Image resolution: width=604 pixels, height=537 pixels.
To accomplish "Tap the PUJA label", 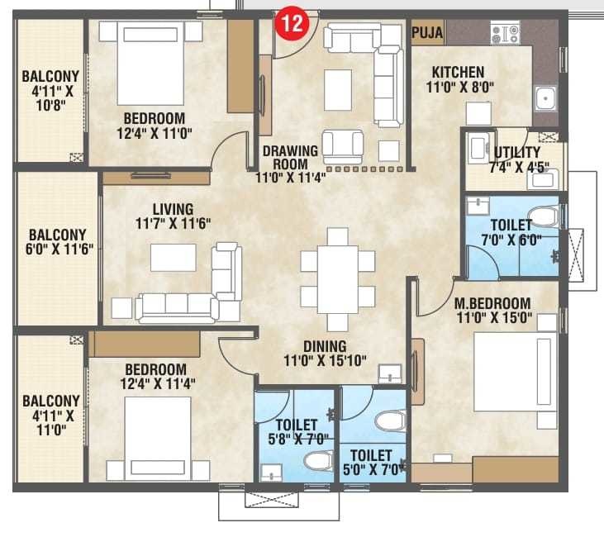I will click(x=427, y=33).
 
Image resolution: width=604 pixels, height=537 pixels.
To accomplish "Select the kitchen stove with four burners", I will click(x=505, y=34).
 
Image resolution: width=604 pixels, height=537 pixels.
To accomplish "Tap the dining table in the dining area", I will click(x=338, y=280).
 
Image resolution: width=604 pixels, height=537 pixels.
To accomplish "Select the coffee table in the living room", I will click(x=173, y=257).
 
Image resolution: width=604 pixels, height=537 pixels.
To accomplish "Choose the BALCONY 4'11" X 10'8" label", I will click(x=50, y=88).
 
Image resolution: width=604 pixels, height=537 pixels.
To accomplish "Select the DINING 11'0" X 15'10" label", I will click(x=325, y=354).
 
